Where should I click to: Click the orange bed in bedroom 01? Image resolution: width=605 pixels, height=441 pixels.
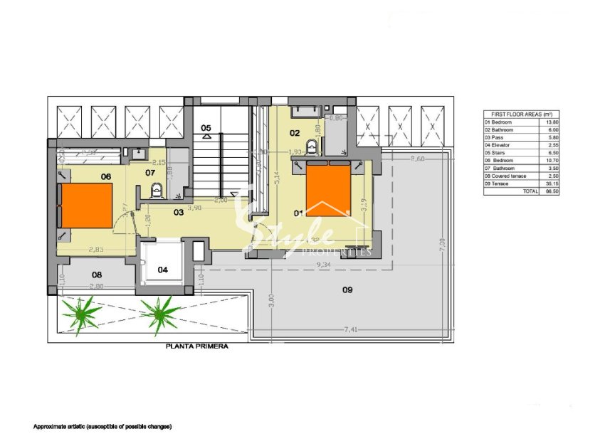click(x=328, y=191)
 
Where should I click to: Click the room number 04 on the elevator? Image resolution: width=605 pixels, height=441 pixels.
click(x=163, y=270)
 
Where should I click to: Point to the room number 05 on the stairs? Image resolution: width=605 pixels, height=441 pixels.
click(x=206, y=128)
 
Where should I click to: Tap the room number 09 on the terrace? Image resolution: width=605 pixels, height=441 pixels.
click(x=347, y=289)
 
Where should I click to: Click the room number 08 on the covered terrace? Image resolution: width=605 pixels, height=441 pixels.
click(x=97, y=274)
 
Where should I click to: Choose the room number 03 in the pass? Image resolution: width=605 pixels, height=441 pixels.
click(x=179, y=212)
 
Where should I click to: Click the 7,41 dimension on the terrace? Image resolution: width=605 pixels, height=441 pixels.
click(x=352, y=329)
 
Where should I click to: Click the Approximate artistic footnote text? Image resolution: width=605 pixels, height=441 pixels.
click(x=102, y=426)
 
